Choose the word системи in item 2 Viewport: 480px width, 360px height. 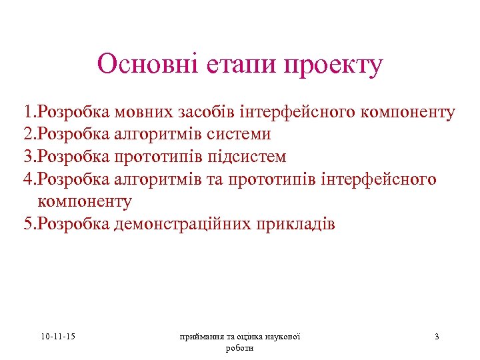pos(239,134)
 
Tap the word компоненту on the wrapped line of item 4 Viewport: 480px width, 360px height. pos(85,201)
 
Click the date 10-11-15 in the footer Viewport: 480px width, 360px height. pos(58,337)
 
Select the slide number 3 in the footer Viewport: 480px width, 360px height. pos(437,337)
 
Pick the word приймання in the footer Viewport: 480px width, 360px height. pos(199,337)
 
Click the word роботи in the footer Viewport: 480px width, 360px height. pos(240,348)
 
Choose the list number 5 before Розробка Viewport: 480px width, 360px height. pos(27,224)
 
